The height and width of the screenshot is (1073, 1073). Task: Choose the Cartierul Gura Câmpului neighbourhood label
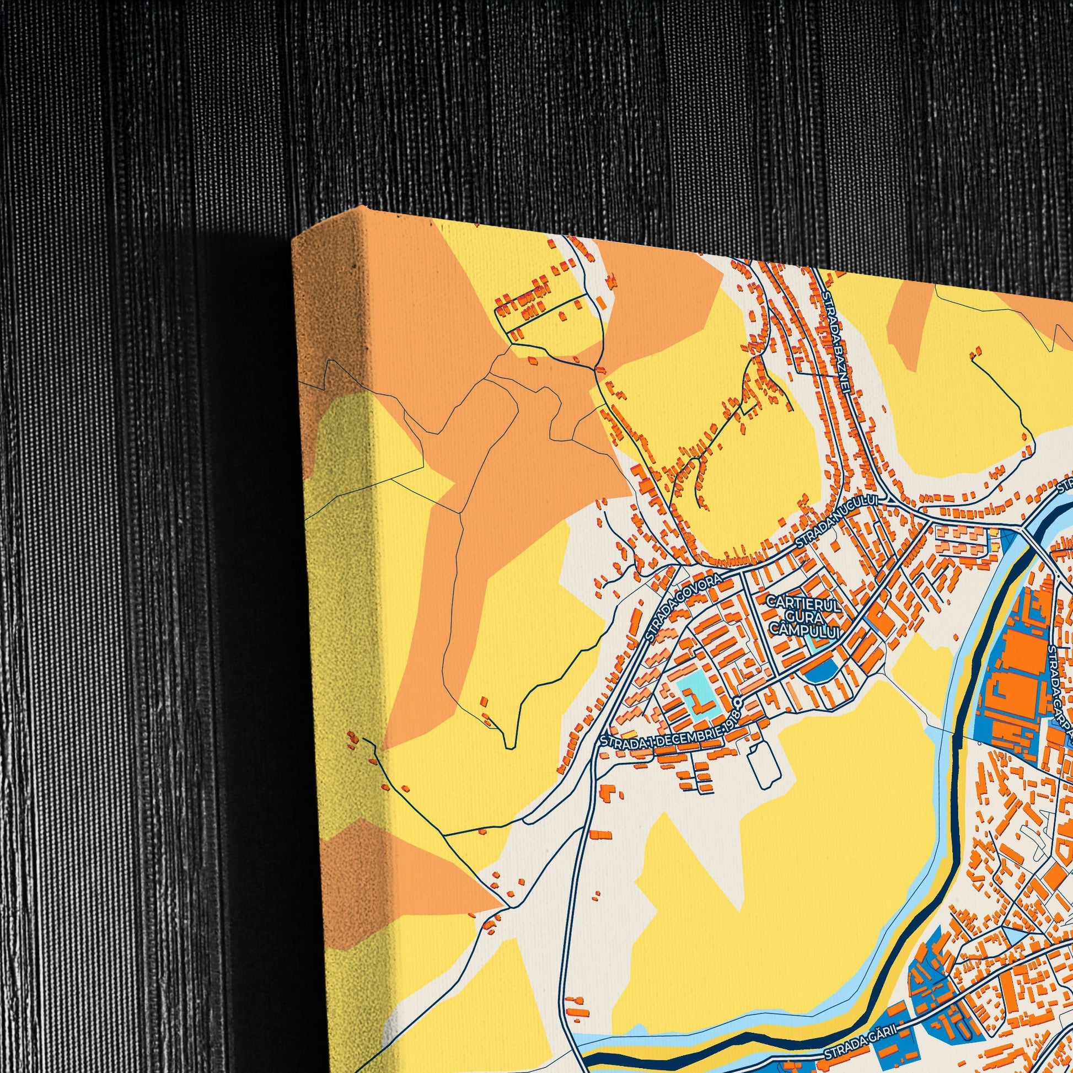tap(804, 615)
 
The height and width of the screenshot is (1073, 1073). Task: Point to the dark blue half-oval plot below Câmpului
tap(821, 672)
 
